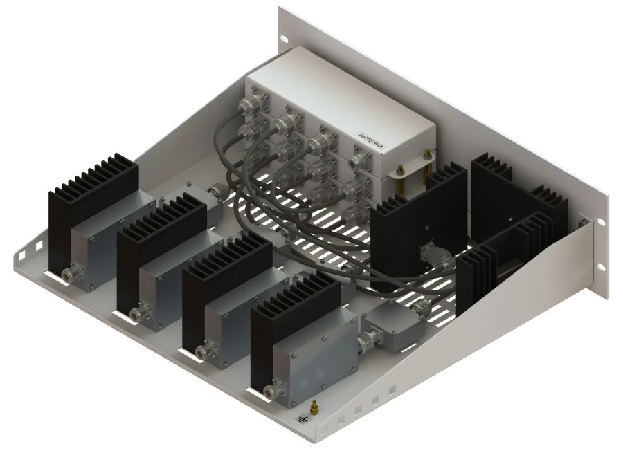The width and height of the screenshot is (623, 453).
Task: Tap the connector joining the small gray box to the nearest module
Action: [365, 340]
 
